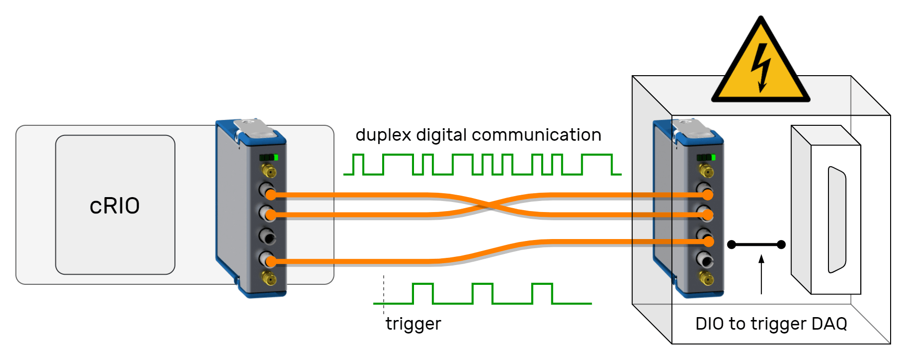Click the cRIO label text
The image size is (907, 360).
(x=115, y=206)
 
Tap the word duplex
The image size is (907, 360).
(x=383, y=135)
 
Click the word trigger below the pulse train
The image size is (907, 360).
(x=413, y=324)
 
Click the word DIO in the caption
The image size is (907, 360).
(x=709, y=323)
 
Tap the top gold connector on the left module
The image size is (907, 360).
(x=269, y=171)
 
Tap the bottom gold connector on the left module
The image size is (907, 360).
(x=269, y=278)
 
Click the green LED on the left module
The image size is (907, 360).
(x=276, y=158)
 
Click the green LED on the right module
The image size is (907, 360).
(x=713, y=158)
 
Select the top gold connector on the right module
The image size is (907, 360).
(x=707, y=171)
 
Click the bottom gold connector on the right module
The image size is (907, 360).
(x=707, y=278)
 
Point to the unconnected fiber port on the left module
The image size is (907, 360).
(x=267, y=237)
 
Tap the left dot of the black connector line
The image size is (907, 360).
(x=732, y=245)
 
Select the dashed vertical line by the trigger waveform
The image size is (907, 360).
(x=384, y=294)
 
